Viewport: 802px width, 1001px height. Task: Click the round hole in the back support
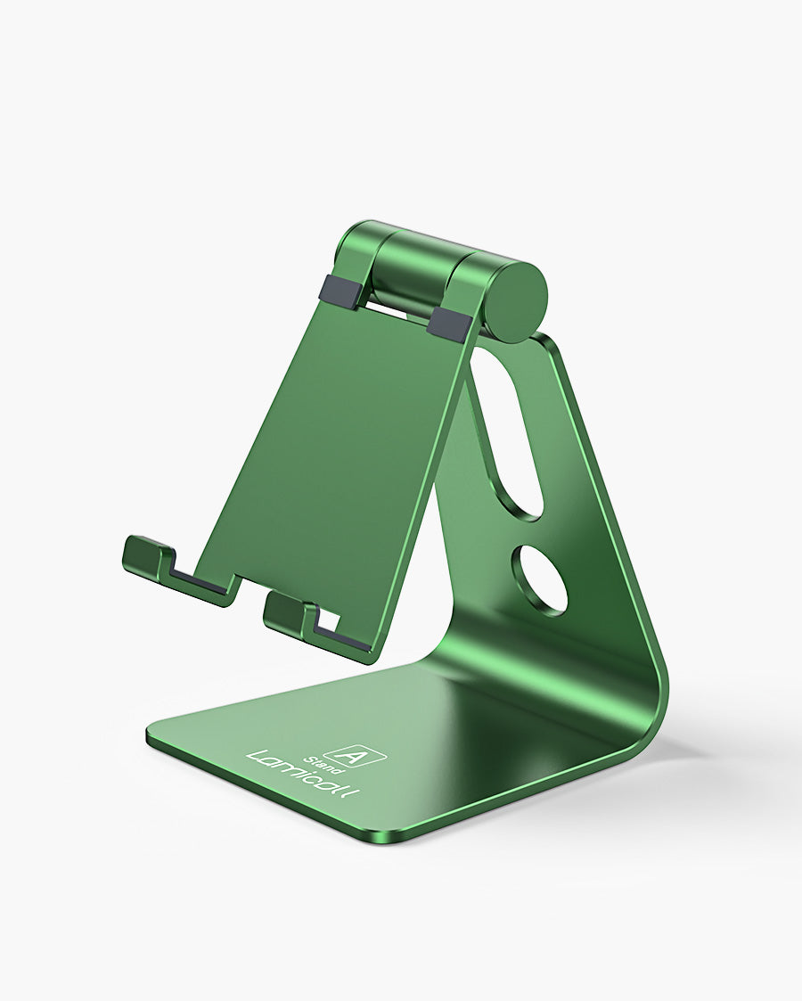point(539,580)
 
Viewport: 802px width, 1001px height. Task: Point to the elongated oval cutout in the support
point(507,432)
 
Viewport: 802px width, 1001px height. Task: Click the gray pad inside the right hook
point(343,638)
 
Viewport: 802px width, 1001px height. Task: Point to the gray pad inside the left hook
point(200,585)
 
